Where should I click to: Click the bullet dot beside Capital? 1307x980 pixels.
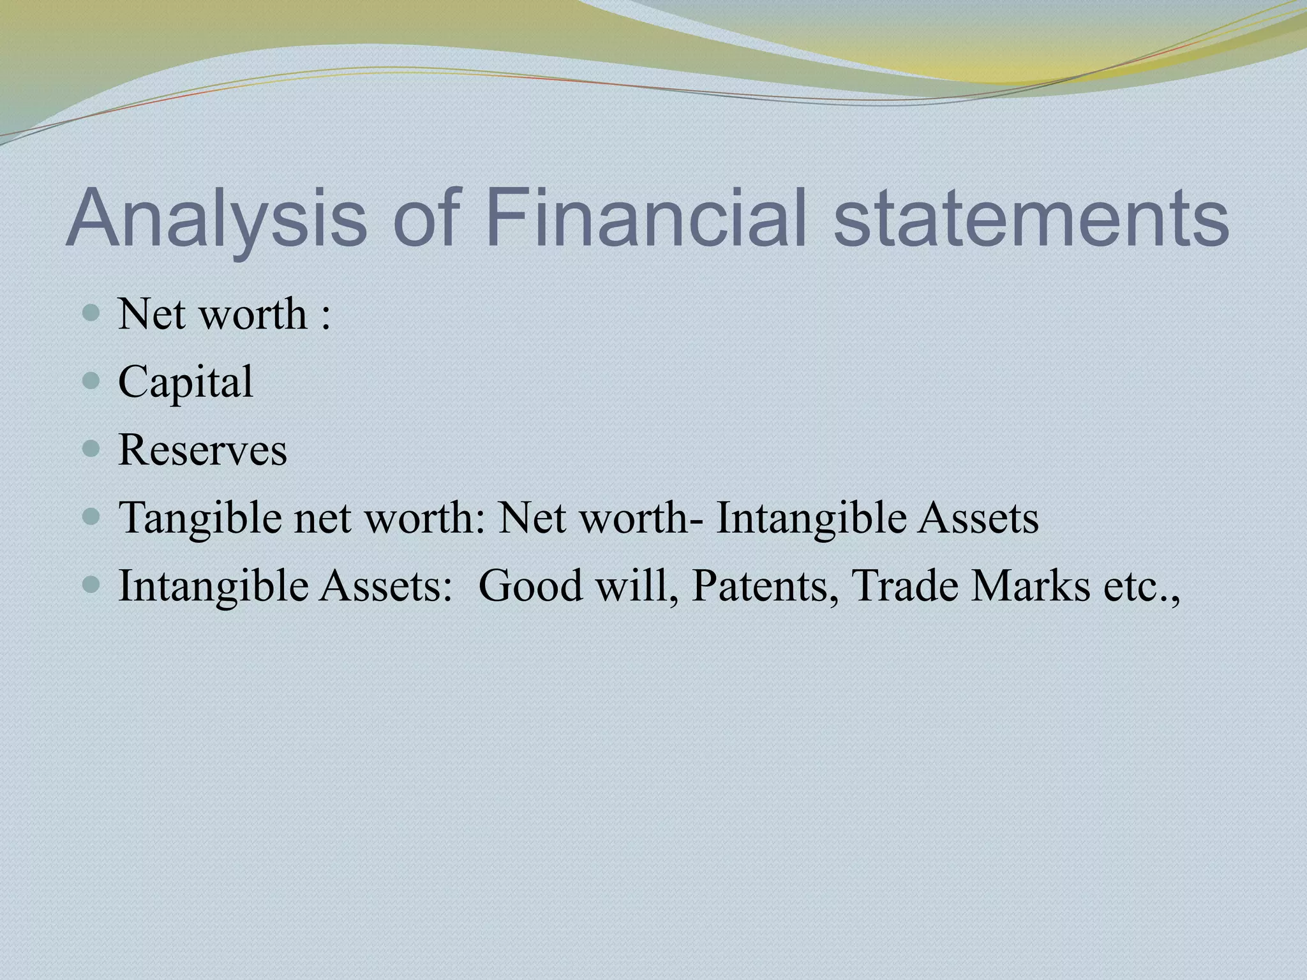coord(92,382)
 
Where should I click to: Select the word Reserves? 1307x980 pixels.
coord(202,450)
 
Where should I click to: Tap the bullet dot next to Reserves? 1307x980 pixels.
coord(92,449)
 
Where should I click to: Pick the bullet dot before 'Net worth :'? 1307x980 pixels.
coord(92,313)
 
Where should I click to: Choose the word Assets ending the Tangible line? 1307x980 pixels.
coord(978,517)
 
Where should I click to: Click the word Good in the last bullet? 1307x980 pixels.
coord(530,586)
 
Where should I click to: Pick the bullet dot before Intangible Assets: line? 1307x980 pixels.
coord(92,584)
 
